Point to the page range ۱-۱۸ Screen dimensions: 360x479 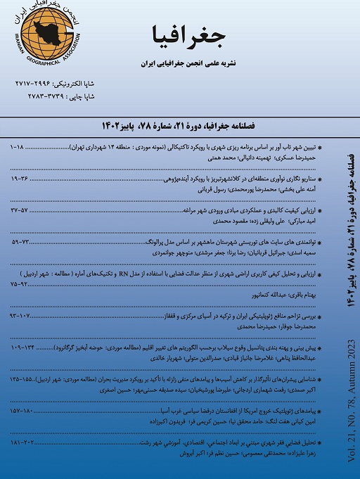click(x=21, y=150)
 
